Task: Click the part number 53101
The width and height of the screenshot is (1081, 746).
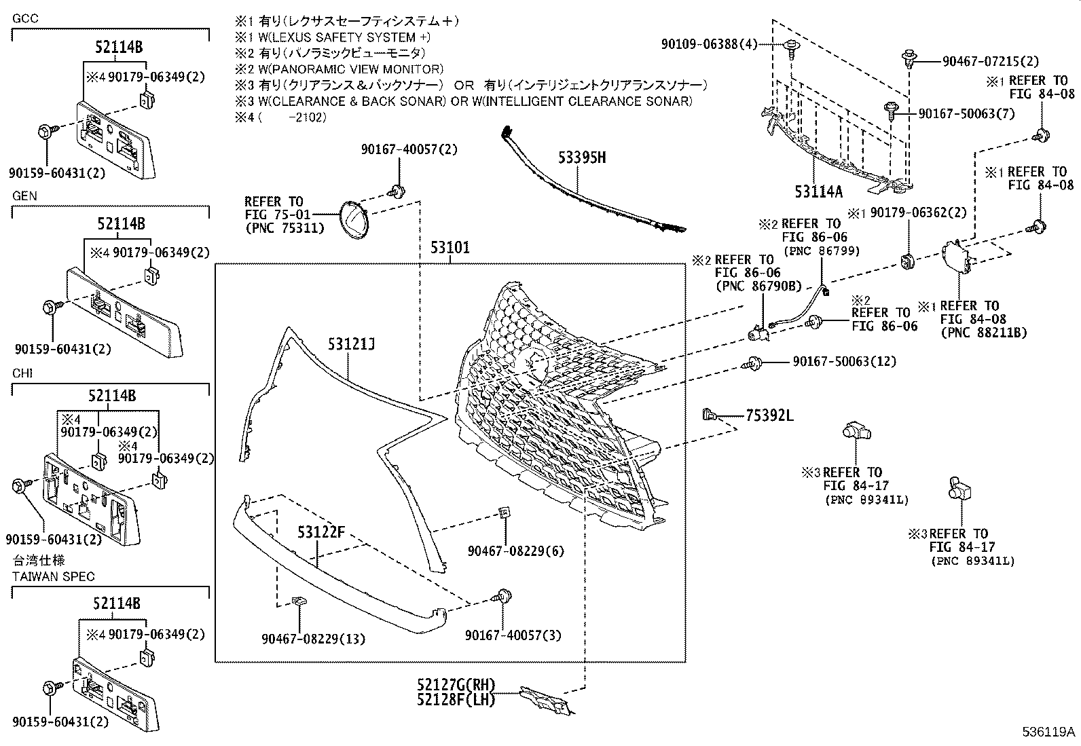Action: point(450,248)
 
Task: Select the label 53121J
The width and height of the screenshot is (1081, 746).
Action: point(349,346)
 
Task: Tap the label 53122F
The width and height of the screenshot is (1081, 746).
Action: point(321,532)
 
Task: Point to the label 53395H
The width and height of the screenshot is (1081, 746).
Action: point(582,158)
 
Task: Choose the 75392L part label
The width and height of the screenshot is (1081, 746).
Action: point(769,415)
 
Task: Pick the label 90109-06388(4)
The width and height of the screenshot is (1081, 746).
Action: point(709,45)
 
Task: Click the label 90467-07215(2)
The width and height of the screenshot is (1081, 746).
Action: point(991,62)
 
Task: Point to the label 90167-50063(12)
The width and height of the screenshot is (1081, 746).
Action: point(844,362)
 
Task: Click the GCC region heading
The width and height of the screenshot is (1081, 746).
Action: point(25,18)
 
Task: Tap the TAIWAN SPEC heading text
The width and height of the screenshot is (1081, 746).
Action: point(54,576)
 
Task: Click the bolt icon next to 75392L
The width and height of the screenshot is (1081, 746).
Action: point(709,413)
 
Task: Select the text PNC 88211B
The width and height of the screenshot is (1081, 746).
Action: point(984,333)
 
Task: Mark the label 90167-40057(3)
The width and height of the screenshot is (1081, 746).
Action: point(513,635)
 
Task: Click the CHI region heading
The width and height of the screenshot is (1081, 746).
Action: point(22,373)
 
